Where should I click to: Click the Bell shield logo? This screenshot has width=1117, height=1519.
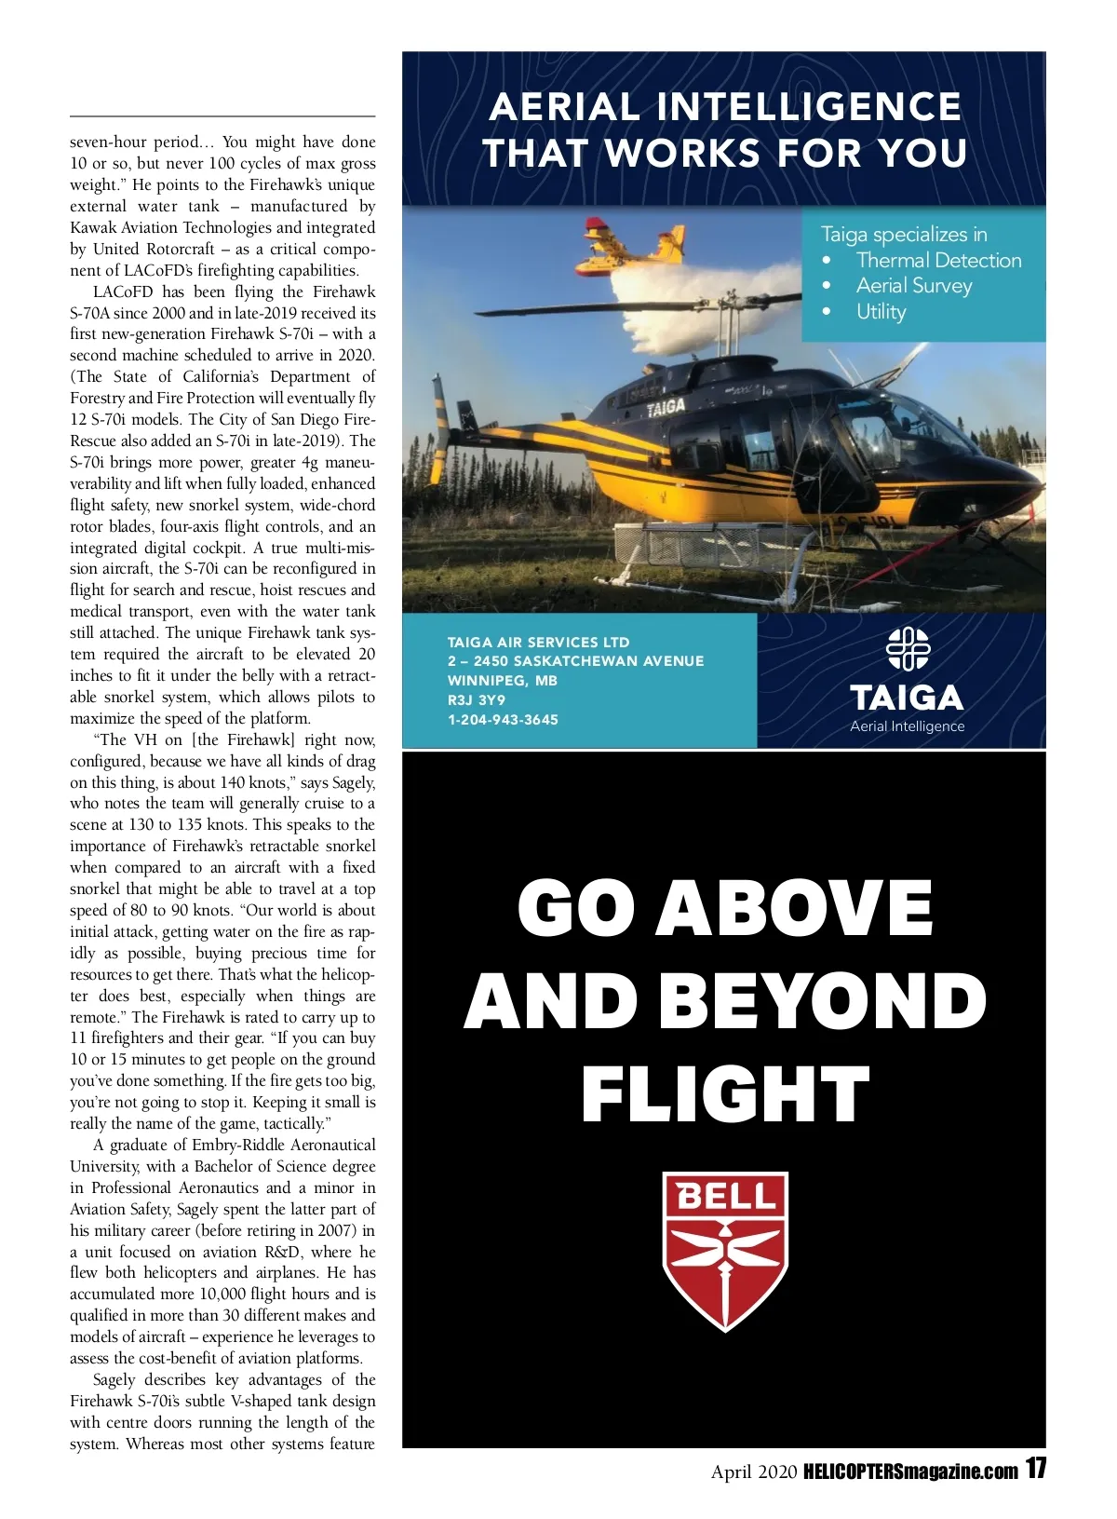point(725,1251)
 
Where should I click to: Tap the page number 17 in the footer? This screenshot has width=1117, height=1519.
point(1036,1470)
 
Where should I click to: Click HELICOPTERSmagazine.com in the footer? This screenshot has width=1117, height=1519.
point(909,1472)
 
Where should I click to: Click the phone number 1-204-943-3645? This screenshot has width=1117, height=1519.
point(503,720)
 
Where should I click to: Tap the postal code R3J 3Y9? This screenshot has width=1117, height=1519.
point(477,699)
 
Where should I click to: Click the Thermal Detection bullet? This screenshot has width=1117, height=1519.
point(938,261)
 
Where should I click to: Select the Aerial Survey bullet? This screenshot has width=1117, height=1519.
point(914,286)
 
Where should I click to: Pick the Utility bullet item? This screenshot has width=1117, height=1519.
point(881,311)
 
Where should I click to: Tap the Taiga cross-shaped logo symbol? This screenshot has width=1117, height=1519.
point(908,649)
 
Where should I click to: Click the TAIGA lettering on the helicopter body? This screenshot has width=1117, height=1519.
point(666,407)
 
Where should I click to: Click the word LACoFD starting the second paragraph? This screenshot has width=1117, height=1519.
point(123,292)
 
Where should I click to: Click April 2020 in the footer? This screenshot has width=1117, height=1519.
point(754,1472)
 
